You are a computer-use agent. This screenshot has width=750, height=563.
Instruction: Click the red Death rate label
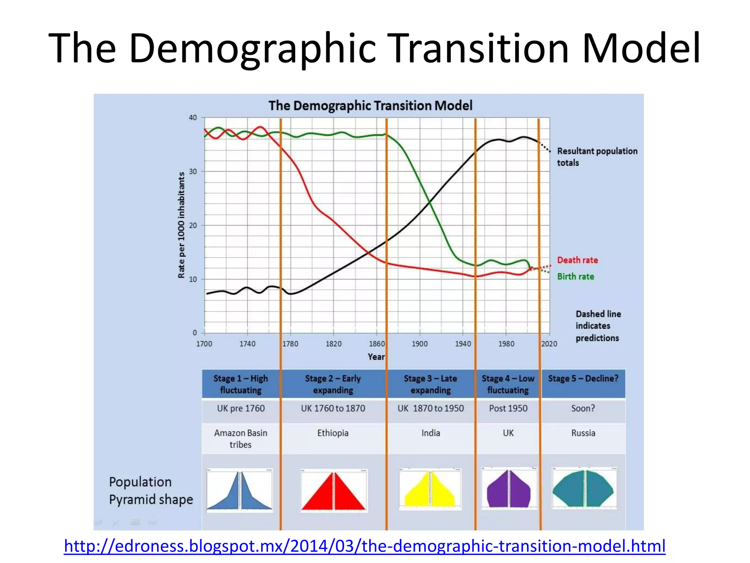coord(577,260)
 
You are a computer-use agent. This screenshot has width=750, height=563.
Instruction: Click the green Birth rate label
coord(575,277)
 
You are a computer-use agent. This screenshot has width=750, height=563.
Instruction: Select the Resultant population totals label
coord(597,157)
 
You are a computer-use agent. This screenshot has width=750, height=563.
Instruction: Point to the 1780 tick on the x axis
coord(290,344)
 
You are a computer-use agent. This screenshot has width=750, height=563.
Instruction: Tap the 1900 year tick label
coord(419,344)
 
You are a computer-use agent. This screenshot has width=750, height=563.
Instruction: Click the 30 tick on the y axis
coord(193,172)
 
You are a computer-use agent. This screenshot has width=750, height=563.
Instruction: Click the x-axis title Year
coord(376,357)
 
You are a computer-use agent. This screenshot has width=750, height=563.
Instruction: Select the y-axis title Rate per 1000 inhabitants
coord(181,225)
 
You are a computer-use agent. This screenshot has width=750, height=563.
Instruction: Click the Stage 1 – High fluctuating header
coord(241,384)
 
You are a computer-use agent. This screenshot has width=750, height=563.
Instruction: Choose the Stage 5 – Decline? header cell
coord(583,379)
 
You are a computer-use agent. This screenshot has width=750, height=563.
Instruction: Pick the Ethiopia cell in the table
coord(333,433)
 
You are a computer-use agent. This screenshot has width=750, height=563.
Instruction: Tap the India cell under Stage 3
coord(431,433)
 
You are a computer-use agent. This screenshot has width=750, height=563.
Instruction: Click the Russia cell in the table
coord(583,433)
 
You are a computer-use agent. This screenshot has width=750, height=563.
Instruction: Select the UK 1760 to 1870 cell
coord(333,408)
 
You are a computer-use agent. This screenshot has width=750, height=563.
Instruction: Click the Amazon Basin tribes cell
coord(241,439)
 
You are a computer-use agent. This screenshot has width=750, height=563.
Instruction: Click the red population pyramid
coord(333,491)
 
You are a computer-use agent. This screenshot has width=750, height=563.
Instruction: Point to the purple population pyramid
coord(508,489)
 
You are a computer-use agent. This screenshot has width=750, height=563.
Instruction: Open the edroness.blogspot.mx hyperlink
coord(364,546)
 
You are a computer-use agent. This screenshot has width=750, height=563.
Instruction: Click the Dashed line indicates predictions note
coord(598,326)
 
